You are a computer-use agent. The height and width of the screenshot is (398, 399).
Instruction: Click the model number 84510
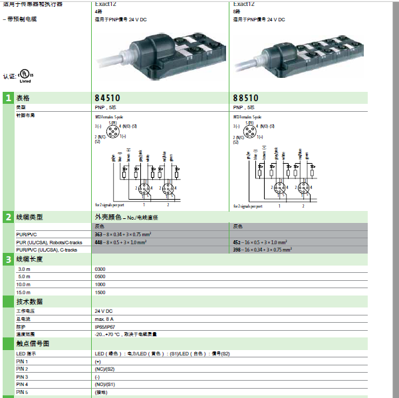109,98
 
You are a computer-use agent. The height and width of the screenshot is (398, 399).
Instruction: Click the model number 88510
246,98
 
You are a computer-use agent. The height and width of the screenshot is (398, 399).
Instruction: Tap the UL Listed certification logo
25,75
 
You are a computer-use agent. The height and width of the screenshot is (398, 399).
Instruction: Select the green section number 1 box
8,98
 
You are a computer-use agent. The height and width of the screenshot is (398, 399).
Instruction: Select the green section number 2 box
8,217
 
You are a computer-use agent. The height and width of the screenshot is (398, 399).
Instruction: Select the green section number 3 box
8,259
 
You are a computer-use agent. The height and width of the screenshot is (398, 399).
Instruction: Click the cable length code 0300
100,268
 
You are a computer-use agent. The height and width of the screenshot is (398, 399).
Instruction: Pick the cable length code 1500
100,292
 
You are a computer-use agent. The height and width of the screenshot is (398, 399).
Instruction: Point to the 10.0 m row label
25,284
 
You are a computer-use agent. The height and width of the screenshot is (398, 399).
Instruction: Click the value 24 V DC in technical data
104,311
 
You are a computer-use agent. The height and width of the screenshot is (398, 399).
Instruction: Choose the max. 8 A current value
105,319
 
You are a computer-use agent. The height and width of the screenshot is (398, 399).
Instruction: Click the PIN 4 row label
22,385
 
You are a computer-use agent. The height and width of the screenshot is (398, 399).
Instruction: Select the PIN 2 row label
22,369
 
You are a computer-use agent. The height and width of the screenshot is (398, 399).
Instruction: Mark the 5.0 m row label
25,276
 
